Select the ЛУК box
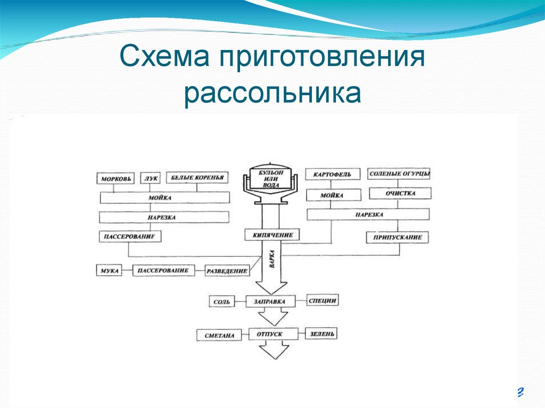(151, 178)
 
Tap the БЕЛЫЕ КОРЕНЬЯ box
(197, 178)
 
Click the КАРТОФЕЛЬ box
(332, 174)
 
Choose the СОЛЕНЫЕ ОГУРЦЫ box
(400, 174)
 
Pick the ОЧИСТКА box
(400, 193)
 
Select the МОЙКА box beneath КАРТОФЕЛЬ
(332, 195)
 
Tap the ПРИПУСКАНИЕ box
(398, 238)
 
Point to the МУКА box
(109, 270)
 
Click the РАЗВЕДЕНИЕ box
(227, 271)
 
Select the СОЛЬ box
(221, 302)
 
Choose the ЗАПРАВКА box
(270, 302)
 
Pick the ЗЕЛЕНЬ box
(321, 334)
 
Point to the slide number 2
(520, 393)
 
